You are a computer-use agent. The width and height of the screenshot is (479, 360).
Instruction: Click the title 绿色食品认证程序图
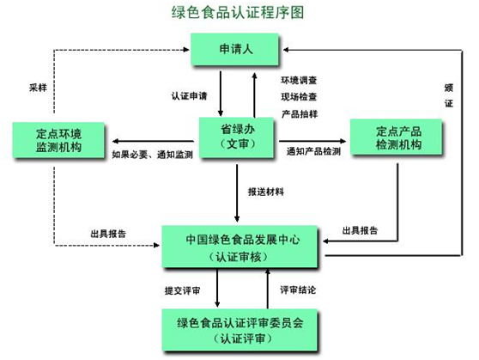pyautogui.click(x=238, y=13)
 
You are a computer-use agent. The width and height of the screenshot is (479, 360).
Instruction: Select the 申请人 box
pyautogui.click(x=234, y=49)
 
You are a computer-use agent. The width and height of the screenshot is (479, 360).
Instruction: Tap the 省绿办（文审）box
pyautogui.click(x=236, y=137)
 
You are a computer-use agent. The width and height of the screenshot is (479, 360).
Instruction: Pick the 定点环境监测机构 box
pyautogui.click(x=58, y=140)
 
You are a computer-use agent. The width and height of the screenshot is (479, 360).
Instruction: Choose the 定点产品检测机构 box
pyautogui.click(x=396, y=137)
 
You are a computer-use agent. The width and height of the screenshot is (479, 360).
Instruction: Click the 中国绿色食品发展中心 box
pyautogui.click(x=240, y=247)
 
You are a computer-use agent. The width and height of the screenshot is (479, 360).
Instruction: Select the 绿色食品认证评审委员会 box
pyautogui.click(x=240, y=330)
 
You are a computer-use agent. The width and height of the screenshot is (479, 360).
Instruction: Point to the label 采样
pyautogui.click(x=38, y=88)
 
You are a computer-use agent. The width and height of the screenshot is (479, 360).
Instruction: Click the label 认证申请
pyautogui.click(x=189, y=96)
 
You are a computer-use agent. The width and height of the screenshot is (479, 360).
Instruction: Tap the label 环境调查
pyautogui.click(x=299, y=80)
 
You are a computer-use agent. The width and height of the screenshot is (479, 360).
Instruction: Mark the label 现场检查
pyautogui.click(x=299, y=97)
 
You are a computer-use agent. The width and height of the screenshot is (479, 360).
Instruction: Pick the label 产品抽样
pyautogui.click(x=300, y=114)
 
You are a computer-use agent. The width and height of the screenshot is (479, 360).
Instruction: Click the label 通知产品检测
pyautogui.click(x=313, y=151)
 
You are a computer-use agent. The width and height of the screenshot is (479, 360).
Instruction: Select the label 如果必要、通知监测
pyautogui.click(x=152, y=155)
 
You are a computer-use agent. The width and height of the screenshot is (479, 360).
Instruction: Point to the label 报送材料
pyautogui.click(x=266, y=192)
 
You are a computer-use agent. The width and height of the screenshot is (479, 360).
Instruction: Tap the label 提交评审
pyautogui.click(x=182, y=290)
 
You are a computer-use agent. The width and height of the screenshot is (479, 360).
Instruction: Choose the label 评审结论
pyautogui.click(x=298, y=290)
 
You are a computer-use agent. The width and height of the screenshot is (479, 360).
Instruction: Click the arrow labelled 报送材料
pyautogui.click(x=237, y=193)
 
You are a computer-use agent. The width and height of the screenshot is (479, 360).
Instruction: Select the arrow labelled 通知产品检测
pyautogui.click(x=312, y=141)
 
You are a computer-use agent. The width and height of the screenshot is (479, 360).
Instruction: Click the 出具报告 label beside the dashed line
pyautogui.click(x=108, y=234)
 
